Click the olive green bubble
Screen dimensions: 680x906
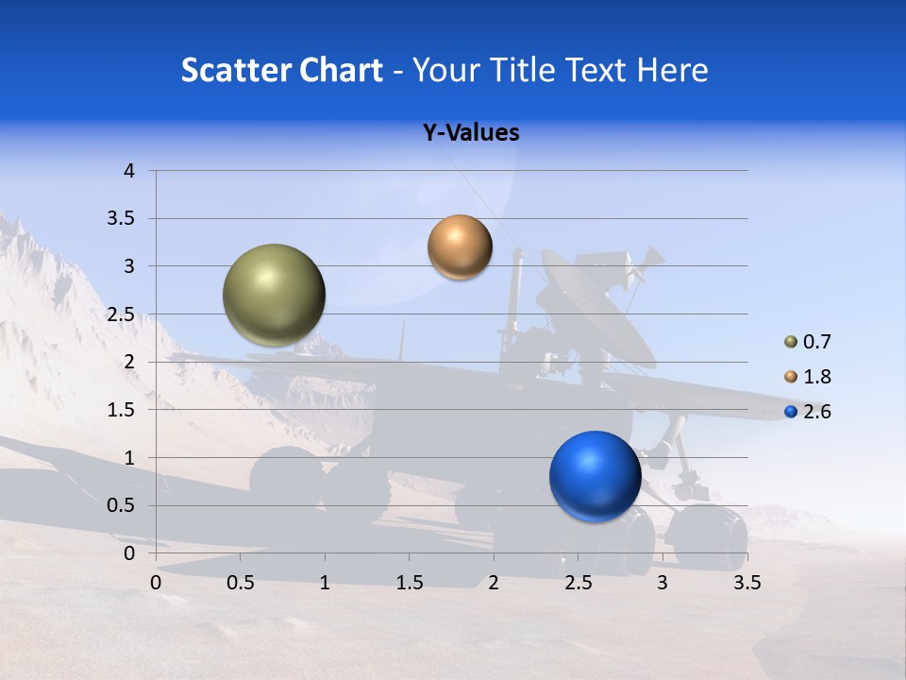(275, 295)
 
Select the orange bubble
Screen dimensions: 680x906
(460, 247)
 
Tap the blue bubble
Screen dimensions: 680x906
(595, 476)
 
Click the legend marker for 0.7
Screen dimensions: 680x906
(791, 342)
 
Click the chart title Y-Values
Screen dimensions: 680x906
(470, 133)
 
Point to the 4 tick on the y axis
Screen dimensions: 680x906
(129, 171)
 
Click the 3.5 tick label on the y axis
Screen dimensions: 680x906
(122, 218)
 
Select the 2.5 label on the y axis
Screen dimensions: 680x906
(122, 314)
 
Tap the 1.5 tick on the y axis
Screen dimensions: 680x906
(122, 410)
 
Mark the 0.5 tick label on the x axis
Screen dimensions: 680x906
(240, 583)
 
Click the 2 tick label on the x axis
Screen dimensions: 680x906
(494, 583)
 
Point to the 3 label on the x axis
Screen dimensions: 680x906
(663, 583)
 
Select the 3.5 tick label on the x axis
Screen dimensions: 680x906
(747, 583)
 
